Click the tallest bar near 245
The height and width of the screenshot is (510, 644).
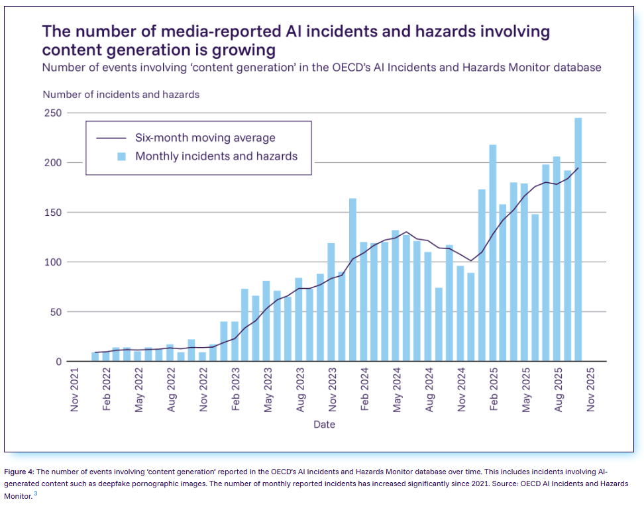[x=578, y=238]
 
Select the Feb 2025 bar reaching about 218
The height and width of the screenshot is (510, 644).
[x=492, y=252]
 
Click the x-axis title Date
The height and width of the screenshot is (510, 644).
[x=325, y=424]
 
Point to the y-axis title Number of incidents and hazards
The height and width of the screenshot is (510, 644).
[x=121, y=95]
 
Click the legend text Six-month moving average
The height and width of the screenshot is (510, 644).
[x=205, y=138]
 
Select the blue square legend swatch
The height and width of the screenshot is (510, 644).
[x=121, y=157]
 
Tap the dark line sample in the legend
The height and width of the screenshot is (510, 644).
[x=111, y=138]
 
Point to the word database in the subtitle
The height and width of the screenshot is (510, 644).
[x=576, y=68]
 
